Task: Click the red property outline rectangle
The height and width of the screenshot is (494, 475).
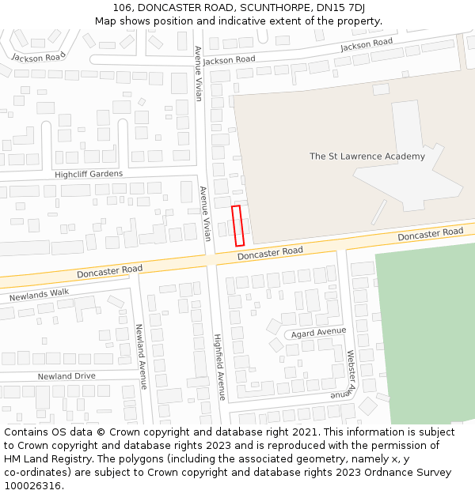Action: pyautogui.click(x=237, y=225)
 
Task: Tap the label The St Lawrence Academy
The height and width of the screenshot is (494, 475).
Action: pyautogui.click(x=367, y=156)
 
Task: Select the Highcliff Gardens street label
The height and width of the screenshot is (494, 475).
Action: pyautogui.click(x=89, y=174)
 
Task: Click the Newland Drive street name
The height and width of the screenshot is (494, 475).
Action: pyautogui.click(x=66, y=376)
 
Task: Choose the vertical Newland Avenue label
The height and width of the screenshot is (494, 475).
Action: pyautogui.click(x=140, y=356)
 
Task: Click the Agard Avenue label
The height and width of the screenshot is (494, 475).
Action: pyautogui.click(x=318, y=333)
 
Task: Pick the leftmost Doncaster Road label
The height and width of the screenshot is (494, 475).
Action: pyautogui.click(x=109, y=271)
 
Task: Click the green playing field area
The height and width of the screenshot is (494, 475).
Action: pyautogui.click(x=427, y=340)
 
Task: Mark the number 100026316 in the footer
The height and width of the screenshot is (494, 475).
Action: pyautogui.click(x=32, y=485)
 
